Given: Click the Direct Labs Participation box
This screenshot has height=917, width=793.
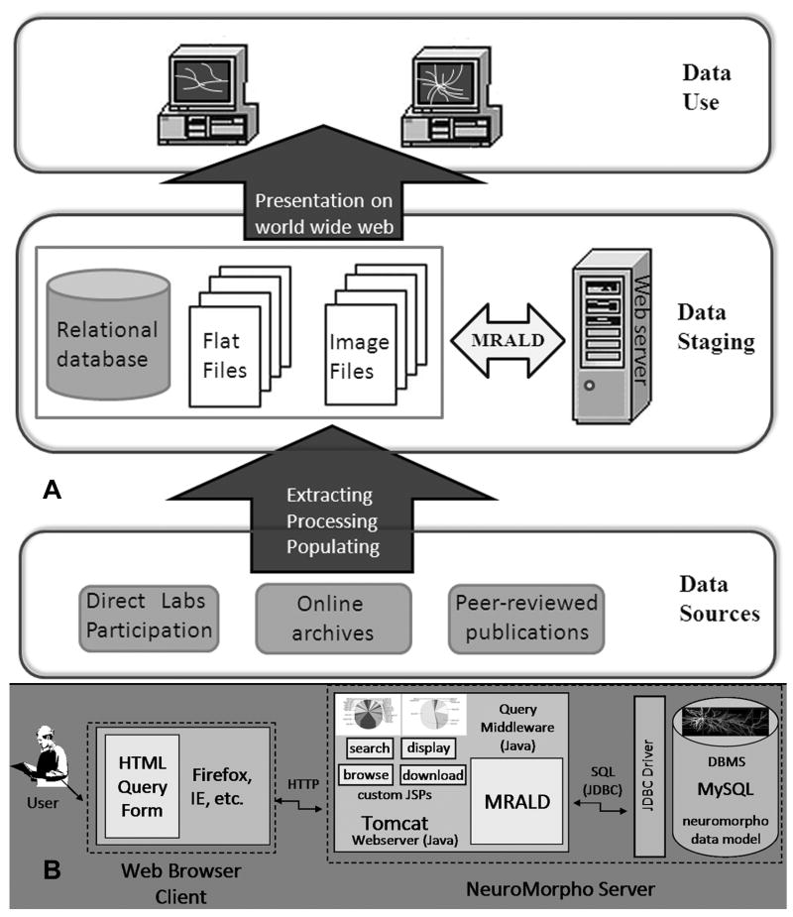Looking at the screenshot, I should tap(150, 616).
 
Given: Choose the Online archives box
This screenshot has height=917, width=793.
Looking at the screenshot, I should tap(332, 617).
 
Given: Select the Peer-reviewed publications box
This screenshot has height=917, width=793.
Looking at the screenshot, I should tap(525, 618).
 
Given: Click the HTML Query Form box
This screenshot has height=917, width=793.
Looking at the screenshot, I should tap(141, 785).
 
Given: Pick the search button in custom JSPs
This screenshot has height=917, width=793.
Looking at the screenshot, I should tap(367, 748).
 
